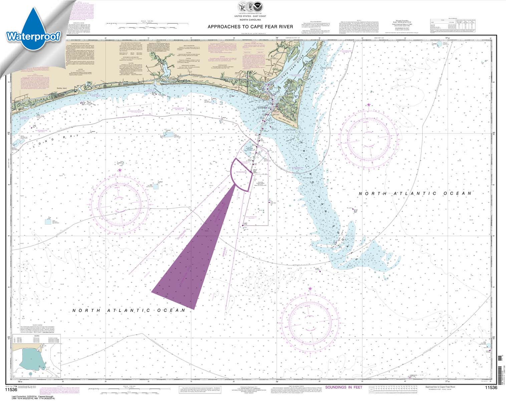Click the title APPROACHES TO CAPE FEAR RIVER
point(250,27)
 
